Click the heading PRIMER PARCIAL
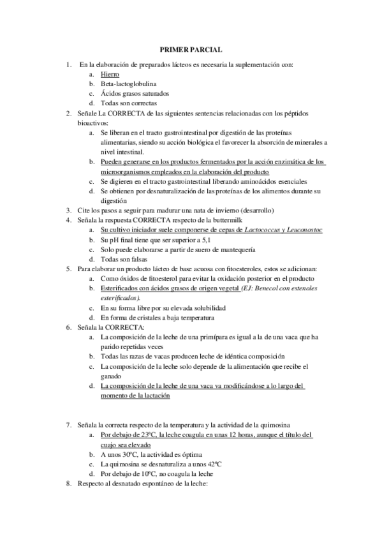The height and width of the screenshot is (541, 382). [x=191, y=49]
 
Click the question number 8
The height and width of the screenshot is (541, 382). [x=69, y=484]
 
